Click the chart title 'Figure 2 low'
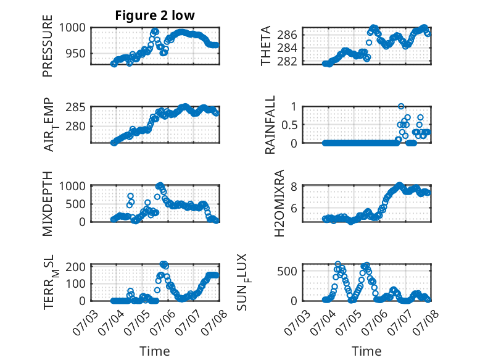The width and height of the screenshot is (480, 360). (155, 15)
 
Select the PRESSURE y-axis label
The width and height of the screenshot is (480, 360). (48, 46)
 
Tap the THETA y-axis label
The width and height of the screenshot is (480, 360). (266, 46)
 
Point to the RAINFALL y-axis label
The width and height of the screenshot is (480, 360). (270, 125)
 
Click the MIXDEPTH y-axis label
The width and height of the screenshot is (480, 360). (48, 204)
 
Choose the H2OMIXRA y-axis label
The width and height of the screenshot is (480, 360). (279, 203)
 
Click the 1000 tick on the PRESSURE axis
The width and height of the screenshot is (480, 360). (72, 28)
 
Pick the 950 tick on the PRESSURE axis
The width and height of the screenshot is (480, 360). (76, 54)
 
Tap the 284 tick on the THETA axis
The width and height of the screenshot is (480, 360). (287, 48)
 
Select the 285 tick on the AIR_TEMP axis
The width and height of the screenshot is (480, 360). (76, 107)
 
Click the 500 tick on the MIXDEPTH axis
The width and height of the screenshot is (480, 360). (76, 204)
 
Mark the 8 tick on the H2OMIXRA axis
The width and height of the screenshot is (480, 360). (294, 186)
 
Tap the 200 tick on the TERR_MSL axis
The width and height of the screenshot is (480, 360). (76, 267)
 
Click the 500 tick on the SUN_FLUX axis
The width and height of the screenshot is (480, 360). (287, 271)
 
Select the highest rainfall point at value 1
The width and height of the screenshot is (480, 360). (401, 106)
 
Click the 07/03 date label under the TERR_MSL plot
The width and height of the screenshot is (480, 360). (85, 322)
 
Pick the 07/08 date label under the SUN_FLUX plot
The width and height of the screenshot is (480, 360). (426, 322)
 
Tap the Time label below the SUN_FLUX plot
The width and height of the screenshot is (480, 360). (366, 351)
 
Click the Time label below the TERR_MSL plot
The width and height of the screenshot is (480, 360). (155, 351)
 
